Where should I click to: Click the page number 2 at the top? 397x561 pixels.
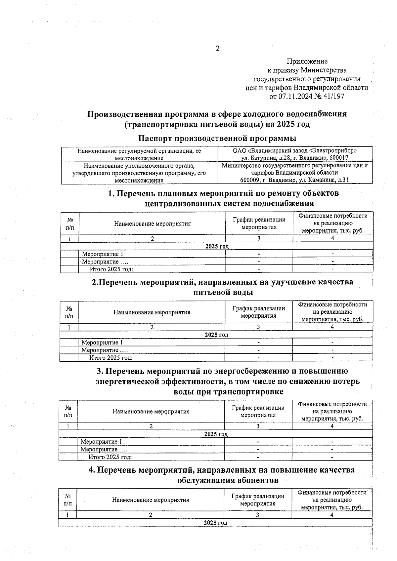pyautogui.click(x=218, y=49)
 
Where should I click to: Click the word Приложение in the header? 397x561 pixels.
pyautogui.click(x=307, y=61)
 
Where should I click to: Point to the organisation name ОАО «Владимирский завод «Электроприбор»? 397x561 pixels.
pyautogui.click(x=294, y=151)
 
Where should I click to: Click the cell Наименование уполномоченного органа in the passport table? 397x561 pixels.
pyautogui.click(x=139, y=166)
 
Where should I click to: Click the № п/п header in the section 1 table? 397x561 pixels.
pyautogui.click(x=70, y=223)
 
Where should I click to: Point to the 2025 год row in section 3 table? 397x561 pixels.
pyautogui.click(x=216, y=434)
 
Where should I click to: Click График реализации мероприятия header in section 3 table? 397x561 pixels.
pyautogui.click(x=258, y=411)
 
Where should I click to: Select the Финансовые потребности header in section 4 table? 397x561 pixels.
pyautogui.click(x=332, y=500)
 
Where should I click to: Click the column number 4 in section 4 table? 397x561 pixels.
pyautogui.click(x=332, y=515)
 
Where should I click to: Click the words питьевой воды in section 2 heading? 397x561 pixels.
pyautogui.click(x=223, y=293)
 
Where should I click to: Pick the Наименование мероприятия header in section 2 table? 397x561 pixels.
pyautogui.click(x=152, y=312)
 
